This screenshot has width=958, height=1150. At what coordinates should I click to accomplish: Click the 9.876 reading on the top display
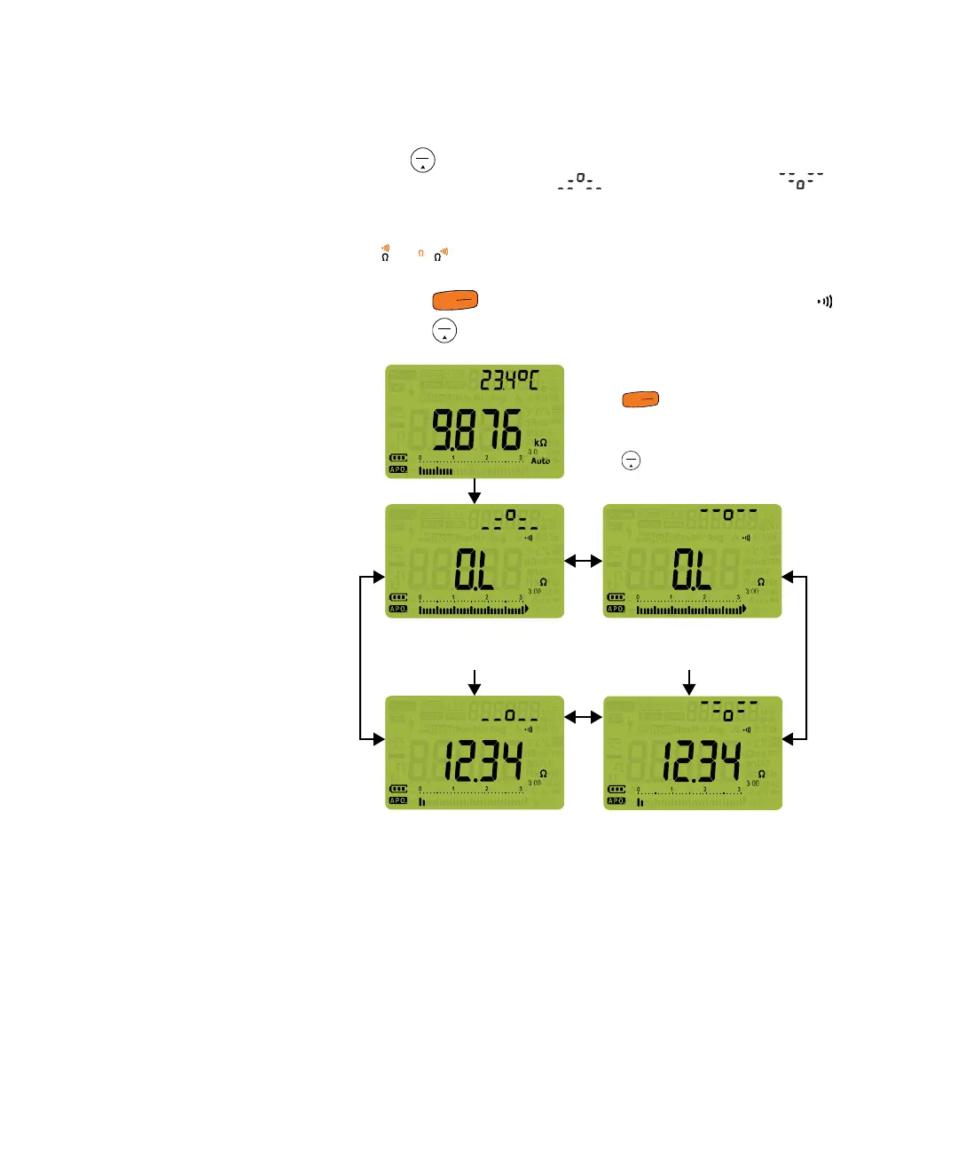476,430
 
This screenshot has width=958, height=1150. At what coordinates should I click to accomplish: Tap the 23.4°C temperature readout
509,381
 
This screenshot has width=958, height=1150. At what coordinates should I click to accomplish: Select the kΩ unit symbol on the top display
540,442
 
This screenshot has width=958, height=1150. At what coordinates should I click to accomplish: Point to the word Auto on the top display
540,461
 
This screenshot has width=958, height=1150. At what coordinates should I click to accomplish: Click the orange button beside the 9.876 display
640,400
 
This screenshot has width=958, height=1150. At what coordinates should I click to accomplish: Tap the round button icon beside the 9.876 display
631,461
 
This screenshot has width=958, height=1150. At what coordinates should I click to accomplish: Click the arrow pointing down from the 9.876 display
475,491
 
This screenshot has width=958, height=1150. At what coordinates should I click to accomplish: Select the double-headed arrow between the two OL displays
583,561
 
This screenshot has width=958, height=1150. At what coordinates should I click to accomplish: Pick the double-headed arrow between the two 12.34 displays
583,716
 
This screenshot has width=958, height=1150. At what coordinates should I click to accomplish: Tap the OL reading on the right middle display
692,570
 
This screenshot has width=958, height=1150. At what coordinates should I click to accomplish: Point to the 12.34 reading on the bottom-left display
482,762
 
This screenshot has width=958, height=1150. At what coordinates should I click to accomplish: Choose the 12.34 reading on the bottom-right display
700,762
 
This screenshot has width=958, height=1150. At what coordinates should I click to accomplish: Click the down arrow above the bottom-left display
475,681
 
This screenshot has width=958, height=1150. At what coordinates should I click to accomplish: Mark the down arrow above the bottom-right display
689,681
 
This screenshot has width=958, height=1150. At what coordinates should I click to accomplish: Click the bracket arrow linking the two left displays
361,658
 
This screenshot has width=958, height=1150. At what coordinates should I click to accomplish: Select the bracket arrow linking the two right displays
805,658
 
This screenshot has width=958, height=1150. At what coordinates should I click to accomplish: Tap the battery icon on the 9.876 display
398,459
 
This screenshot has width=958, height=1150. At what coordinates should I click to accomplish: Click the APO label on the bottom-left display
398,801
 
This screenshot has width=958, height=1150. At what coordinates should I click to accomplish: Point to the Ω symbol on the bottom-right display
761,774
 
